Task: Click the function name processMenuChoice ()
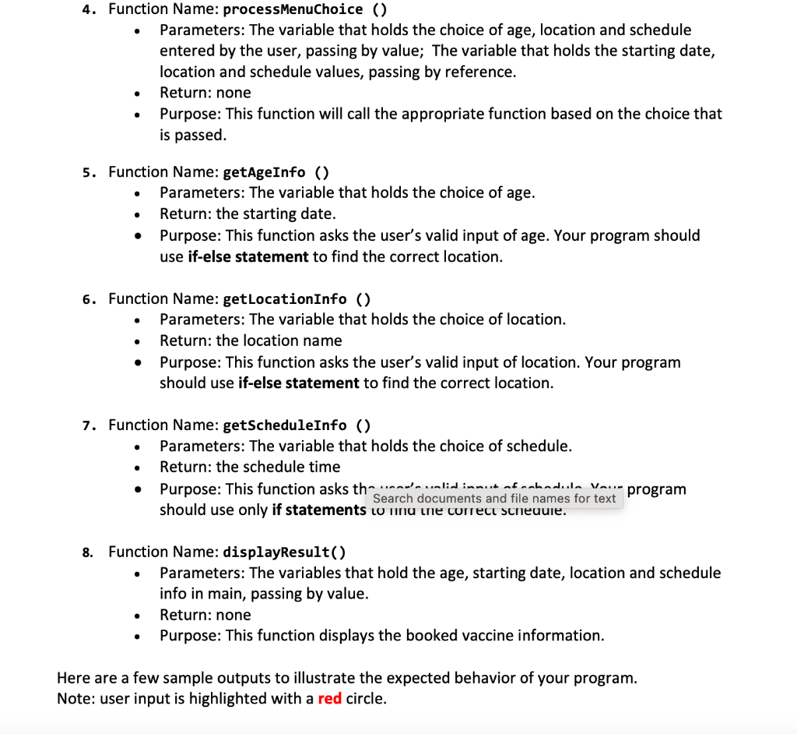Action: pyautogui.click(x=305, y=9)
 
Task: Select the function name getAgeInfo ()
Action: pyautogui.click(x=276, y=172)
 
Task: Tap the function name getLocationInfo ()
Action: pyautogui.click(x=297, y=298)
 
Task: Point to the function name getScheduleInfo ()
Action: pyautogui.click(x=297, y=425)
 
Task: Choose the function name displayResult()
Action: pyautogui.click(x=284, y=552)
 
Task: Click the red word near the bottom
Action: pyautogui.click(x=330, y=698)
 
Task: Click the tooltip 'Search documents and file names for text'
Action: pyautogui.click(x=494, y=499)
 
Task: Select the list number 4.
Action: pyautogui.click(x=88, y=10)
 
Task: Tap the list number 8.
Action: pyautogui.click(x=88, y=552)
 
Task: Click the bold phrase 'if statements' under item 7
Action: pyautogui.click(x=318, y=510)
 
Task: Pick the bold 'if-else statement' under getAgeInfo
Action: pyautogui.click(x=248, y=256)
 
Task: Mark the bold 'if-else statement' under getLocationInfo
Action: pyautogui.click(x=298, y=383)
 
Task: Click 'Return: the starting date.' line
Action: pyautogui.click(x=248, y=213)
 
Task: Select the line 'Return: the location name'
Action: pyautogui.click(x=251, y=341)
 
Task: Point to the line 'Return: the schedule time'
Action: pyautogui.click(x=250, y=467)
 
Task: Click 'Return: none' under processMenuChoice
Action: pyautogui.click(x=205, y=93)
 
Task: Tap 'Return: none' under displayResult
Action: pyautogui.click(x=205, y=615)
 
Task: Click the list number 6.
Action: pyautogui.click(x=88, y=299)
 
